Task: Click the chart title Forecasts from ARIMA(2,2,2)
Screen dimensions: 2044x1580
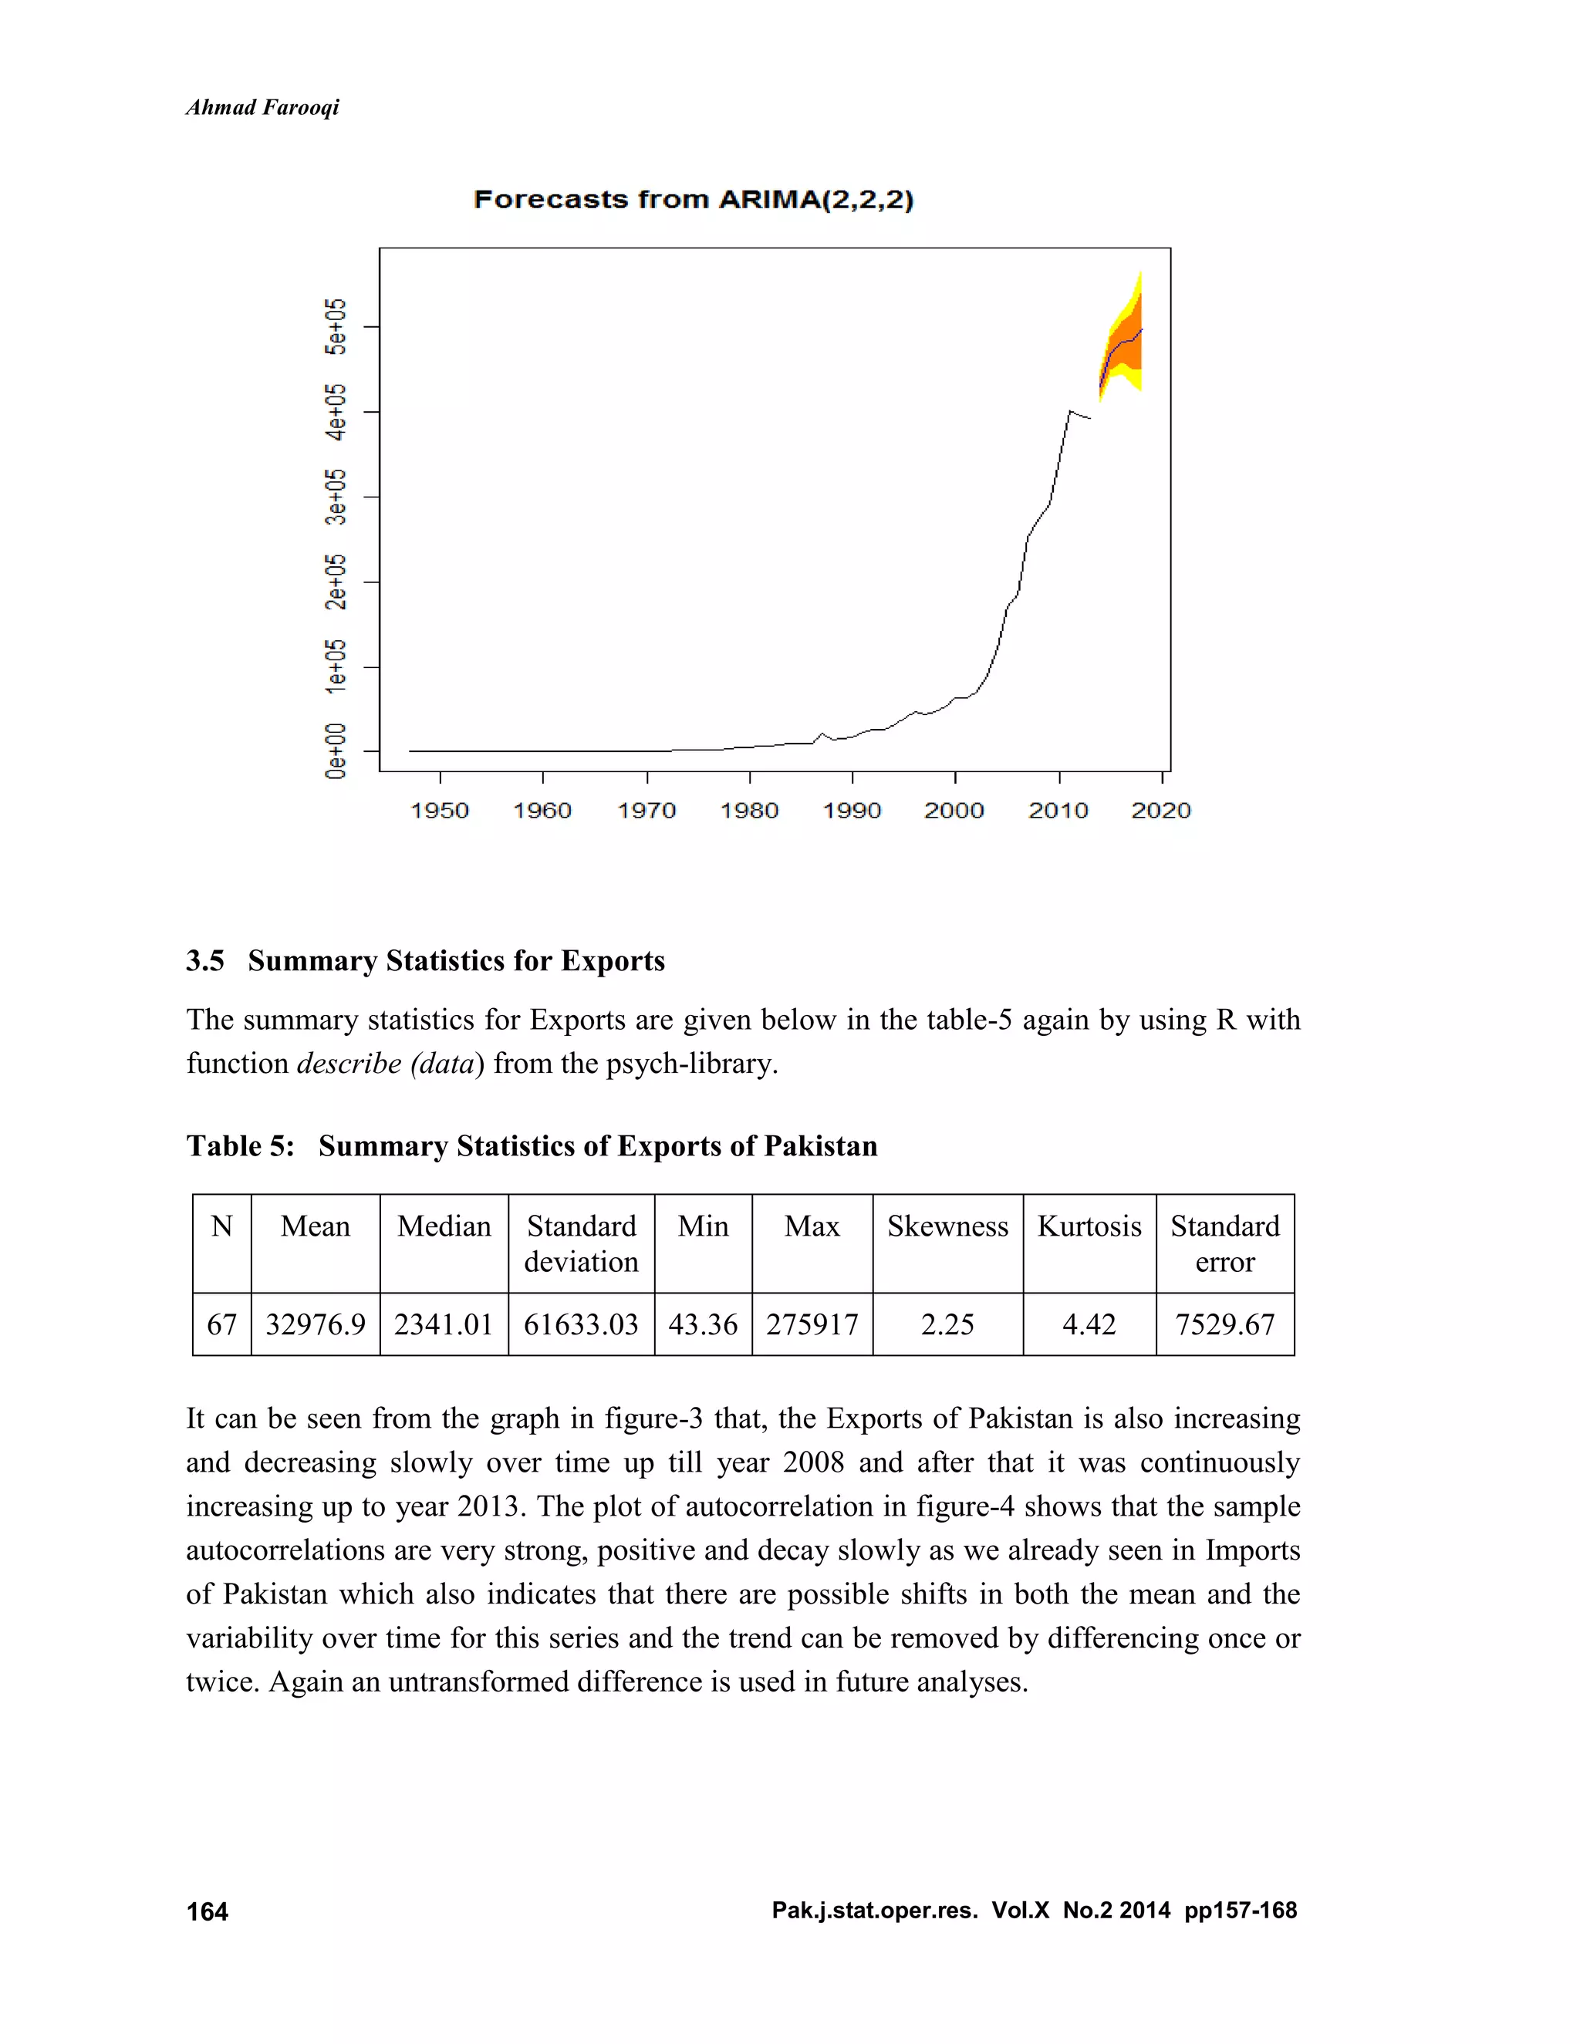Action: [x=693, y=199]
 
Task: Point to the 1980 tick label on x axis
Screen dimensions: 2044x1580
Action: [x=749, y=811]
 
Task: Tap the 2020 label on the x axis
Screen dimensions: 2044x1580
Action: [x=1160, y=811]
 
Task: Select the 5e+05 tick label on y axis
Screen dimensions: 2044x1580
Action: [x=335, y=326]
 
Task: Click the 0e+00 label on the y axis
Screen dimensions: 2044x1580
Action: [x=335, y=750]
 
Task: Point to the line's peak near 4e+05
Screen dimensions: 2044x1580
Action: [x=1070, y=411]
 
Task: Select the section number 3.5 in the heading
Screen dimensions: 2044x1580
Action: [x=205, y=960]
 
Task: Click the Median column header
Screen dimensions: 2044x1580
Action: [x=444, y=1226]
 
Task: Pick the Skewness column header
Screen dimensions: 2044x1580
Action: [x=947, y=1226]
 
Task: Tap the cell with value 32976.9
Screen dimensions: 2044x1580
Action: [x=316, y=1324]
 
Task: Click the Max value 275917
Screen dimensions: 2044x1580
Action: [x=812, y=1324]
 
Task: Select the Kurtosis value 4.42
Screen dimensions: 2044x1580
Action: [x=1089, y=1324]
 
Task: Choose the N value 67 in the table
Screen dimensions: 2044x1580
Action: [x=222, y=1324]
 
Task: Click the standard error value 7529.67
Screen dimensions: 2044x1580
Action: [x=1224, y=1324]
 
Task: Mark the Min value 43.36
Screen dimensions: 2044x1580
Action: [x=703, y=1324]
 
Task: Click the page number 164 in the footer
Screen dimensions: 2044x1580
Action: [x=207, y=1911]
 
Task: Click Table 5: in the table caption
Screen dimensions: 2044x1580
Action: [x=241, y=1145]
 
